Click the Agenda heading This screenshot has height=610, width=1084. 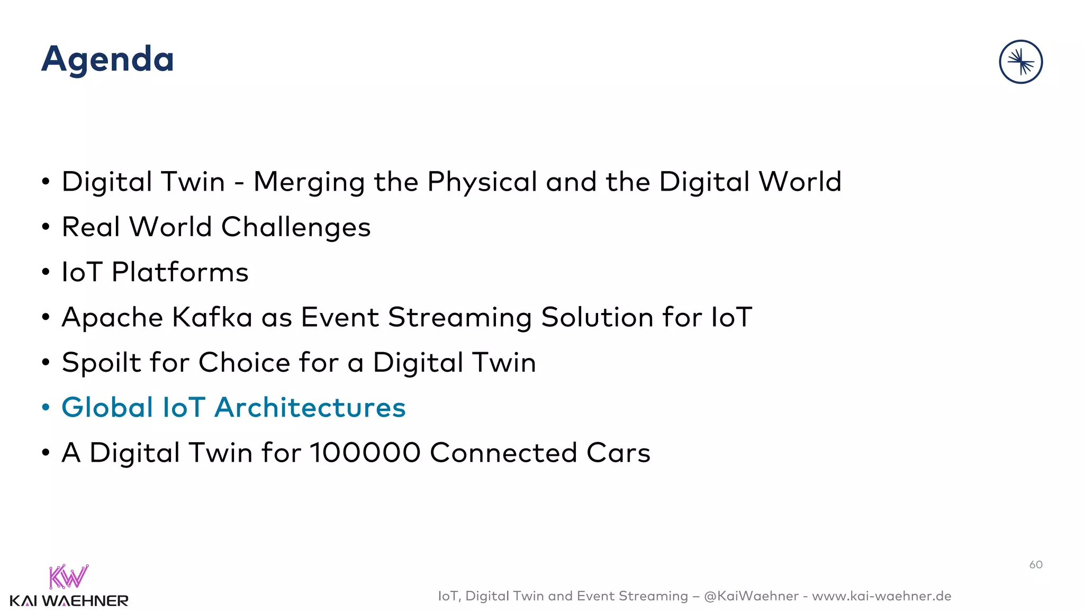coord(107,59)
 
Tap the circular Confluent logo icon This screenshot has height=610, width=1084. coord(1020,62)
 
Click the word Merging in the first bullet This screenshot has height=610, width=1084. coord(309,182)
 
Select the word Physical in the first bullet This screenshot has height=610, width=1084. coord(482,182)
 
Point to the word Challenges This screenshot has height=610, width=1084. coord(295,228)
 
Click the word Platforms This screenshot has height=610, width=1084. coord(180,272)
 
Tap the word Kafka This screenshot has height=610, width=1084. coord(212,317)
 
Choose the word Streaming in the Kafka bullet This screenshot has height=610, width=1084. coord(459,318)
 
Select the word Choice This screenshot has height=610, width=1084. coord(244,363)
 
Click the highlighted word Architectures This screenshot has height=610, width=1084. coord(310,408)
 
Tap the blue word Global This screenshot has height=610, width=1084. coord(107,408)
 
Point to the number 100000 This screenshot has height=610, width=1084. coord(365,453)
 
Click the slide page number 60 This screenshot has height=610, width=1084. coord(1036,564)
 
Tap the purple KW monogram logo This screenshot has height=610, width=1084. coord(69,577)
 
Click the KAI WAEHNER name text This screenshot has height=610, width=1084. coord(69,601)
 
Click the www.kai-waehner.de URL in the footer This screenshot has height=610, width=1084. coord(881,596)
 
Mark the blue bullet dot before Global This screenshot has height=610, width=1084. coord(46,408)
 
